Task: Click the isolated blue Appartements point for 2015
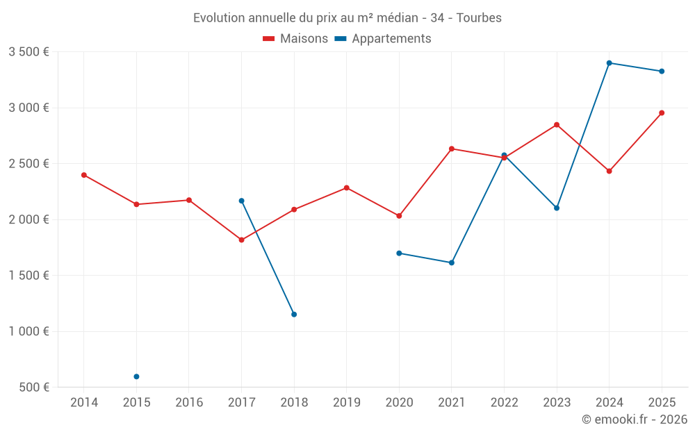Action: pos(136,376)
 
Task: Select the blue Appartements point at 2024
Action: pos(609,63)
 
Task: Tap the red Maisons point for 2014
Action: pos(84,175)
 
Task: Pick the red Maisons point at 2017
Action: pos(241,240)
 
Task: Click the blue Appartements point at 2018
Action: pos(294,315)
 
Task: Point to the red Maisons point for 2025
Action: pos(662,112)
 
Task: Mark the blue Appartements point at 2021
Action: pos(452,262)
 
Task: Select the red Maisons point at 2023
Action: pos(557,125)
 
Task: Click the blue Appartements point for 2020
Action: pos(399,253)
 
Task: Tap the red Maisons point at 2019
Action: pos(347,187)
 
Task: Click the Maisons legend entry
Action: pos(295,39)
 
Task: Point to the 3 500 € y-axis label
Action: pos(28,52)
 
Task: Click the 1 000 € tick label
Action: pos(28,331)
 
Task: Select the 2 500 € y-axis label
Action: pos(28,164)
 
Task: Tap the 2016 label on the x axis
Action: pos(189,402)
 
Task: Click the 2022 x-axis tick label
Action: pos(504,402)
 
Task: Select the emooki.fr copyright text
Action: pos(635,419)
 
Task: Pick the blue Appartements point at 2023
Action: pos(557,208)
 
